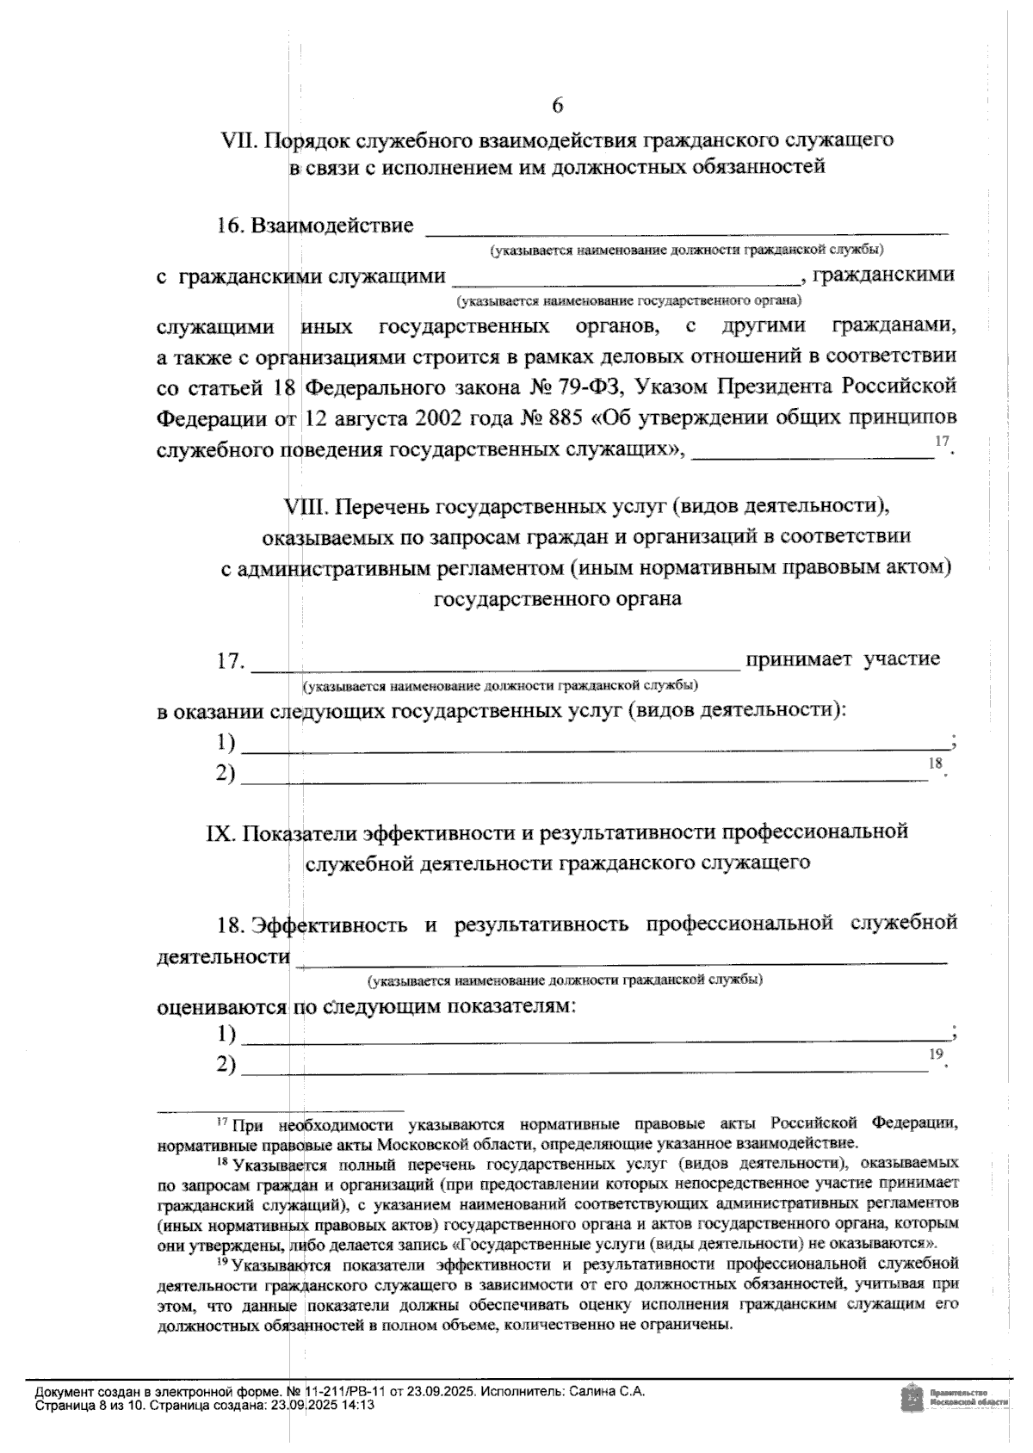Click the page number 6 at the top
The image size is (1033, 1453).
pyautogui.click(x=557, y=106)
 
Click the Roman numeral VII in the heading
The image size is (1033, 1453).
pyautogui.click(x=240, y=139)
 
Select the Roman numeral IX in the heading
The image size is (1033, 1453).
pyautogui.click(x=223, y=832)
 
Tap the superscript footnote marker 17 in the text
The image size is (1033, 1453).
pyautogui.click(x=942, y=442)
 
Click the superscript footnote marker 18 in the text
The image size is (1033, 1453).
pyautogui.click(x=936, y=763)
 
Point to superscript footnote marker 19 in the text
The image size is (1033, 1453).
pyautogui.click(x=936, y=1054)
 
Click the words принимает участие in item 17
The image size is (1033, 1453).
pyautogui.click(x=843, y=659)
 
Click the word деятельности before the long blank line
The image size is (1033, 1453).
pyautogui.click(x=223, y=956)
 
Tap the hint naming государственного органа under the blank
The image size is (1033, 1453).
pyautogui.click(x=628, y=301)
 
